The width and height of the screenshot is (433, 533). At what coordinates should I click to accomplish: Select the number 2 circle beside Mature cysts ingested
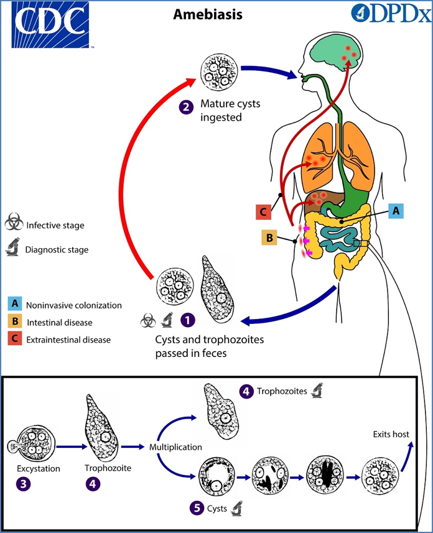185,107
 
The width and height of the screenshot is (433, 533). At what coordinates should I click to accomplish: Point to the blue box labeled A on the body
395,211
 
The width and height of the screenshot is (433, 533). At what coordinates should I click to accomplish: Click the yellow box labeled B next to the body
269,238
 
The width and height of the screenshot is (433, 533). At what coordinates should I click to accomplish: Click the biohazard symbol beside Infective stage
14,223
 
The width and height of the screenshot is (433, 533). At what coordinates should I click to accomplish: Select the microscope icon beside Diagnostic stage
13,249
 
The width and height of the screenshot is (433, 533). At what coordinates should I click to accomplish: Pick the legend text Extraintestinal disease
68,340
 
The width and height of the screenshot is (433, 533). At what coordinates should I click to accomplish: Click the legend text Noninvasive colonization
73,305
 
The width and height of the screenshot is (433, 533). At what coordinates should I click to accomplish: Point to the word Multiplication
175,447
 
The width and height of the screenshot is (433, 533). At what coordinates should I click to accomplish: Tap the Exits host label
391,434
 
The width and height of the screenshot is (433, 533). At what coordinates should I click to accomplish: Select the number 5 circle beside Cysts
197,508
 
